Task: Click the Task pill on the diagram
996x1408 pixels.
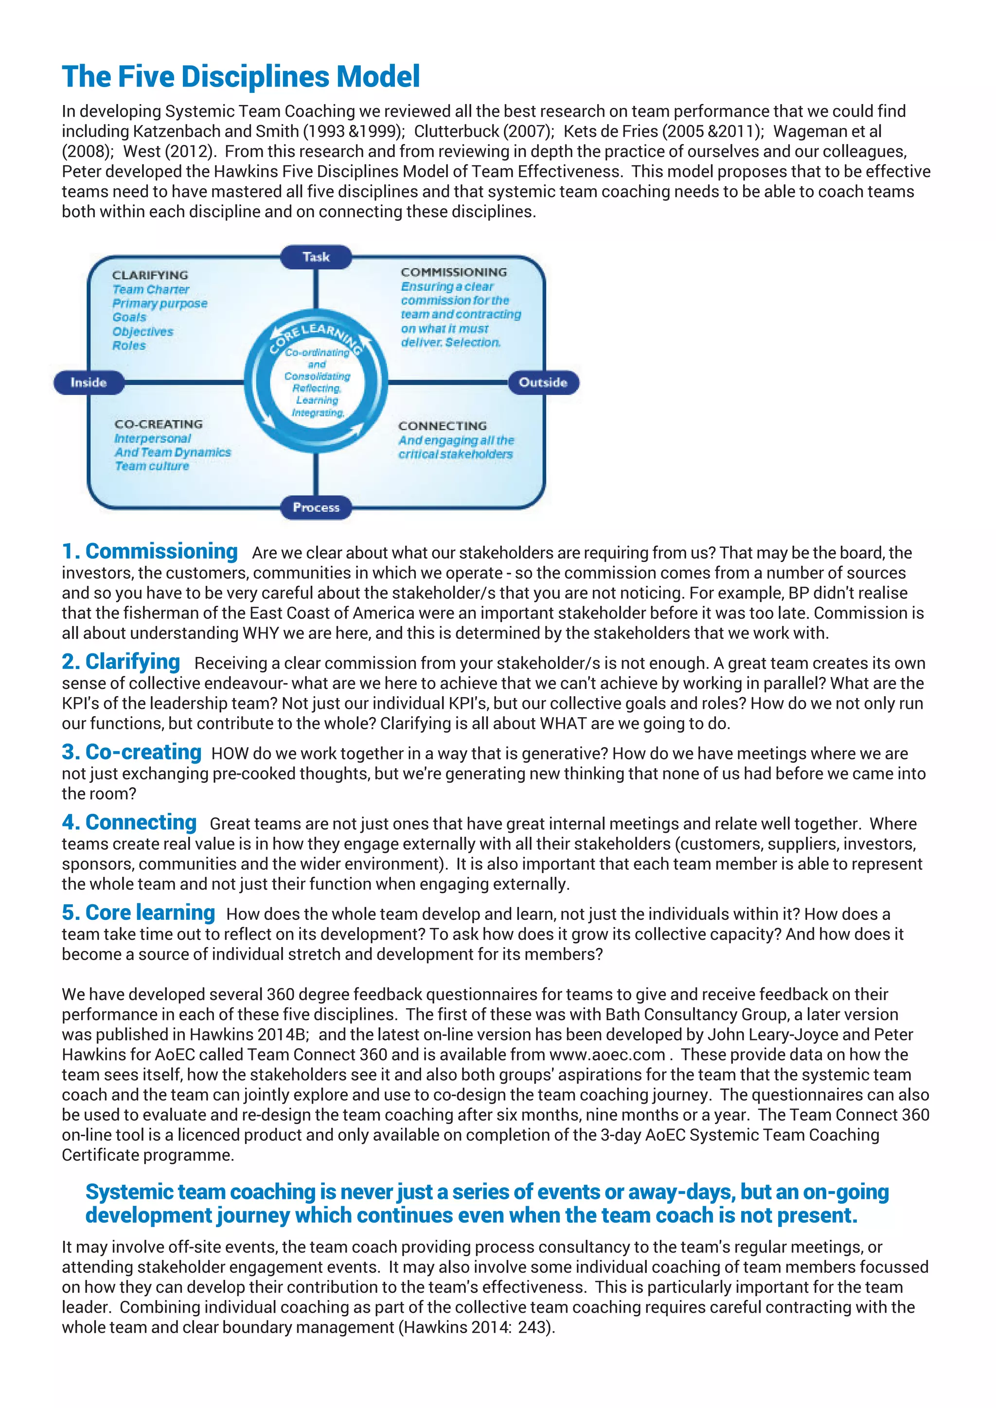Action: pyautogui.click(x=316, y=257)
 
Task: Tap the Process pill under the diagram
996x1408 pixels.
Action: pyautogui.click(x=316, y=507)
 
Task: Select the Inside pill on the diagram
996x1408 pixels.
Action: pyautogui.click(x=89, y=383)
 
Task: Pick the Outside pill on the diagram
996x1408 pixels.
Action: pyautogui.click(x=543, y=383)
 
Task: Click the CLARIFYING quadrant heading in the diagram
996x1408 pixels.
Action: pyautogui.click(x=150, y=275)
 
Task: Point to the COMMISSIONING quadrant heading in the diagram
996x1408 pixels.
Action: pyautogui.click(x=453, y=272)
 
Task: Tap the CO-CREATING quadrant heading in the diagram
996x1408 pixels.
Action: pyautogui.click(x=158, y=424)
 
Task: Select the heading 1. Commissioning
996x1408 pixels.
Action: pyautogui.click(x=150, y=551)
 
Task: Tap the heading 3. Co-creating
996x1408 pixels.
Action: pyautogui.click(x=131, y=752)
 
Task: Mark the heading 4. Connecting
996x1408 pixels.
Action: pyautogui.click(x=129, y=822)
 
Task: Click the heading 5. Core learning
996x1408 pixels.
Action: pyautogui.click(x=138, y=913)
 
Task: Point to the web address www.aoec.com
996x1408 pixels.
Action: pyautogui.click(x=606, y=1055)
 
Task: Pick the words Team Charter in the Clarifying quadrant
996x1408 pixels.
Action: pyautogui.click(x=151, y=289)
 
